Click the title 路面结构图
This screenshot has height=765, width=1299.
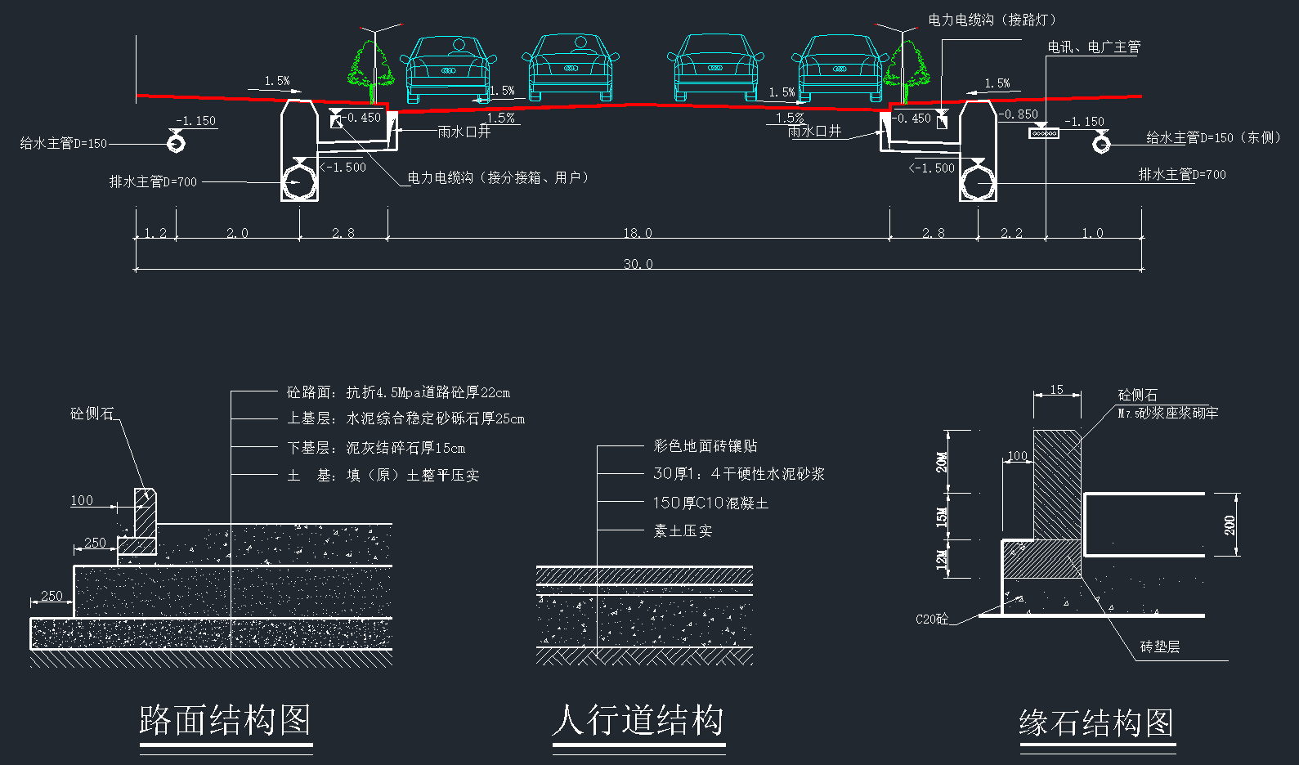pyautogui.click(x=225, y=721)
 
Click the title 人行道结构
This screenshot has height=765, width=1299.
pyautogui.click(x=638, y=721)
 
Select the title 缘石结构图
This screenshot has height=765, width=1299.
pyautogui.click(x=1096, y=723)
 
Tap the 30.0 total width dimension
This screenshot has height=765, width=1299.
pyautogui.click(x=638, y=264)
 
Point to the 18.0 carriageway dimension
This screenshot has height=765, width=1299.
pyautogui.click(x=638, y=233)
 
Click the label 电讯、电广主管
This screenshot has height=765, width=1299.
pyautogui.click(x=1094, y=47)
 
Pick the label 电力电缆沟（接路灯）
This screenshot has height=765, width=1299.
pyautogui.click(x=992, y=20)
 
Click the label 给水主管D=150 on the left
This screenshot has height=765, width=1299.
pyautogui.click(x=64, y=144)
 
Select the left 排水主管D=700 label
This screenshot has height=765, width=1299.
pyautogui.click(x=154, y=181)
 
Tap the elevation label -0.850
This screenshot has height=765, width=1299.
pyautogui.click(x=1019, y=114)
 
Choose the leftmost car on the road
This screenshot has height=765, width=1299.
pyautogui.click(x=448, y=69)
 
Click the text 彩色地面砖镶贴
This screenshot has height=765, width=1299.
pyautogui.click(x=705, y=446)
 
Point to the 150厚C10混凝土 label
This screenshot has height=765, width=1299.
pyautogui.click(x=710, y=503)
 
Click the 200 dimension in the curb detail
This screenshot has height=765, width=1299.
pyautogui.click(x=1230, y=525)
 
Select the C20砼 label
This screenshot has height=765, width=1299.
pyautogui.click(x=932, y=620)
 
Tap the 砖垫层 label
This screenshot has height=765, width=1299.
pyautogui.click(x=1160, y=647)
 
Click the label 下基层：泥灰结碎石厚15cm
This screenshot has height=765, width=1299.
pyautogui.click(x=376, y=448)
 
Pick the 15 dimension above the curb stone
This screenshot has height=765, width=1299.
pyautogui.click(x=1057, y=390)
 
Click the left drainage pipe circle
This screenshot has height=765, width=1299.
pyautogui.click(x=299, y=182)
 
